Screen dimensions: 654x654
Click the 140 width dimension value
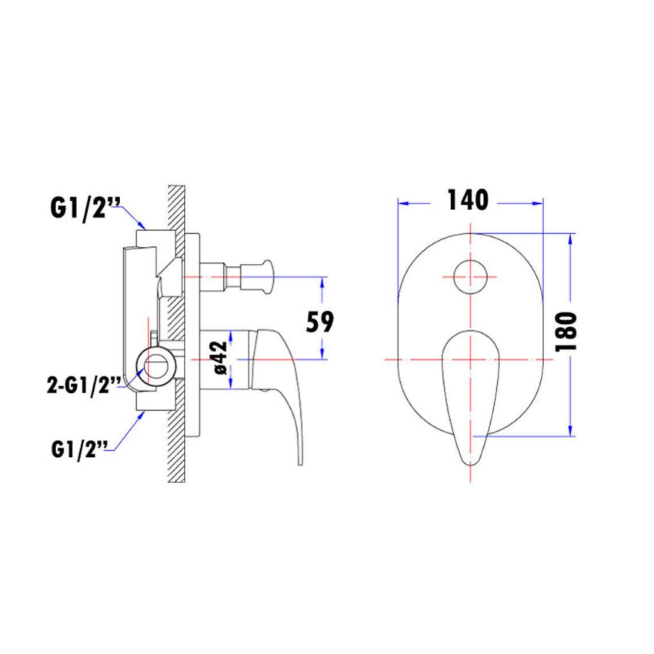click(x=468, y=200)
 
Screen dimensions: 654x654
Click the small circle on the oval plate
click(x=470, y=277)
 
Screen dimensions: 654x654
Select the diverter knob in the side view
click(x=257, y=276)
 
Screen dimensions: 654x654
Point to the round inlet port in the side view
click(x=156, y=365)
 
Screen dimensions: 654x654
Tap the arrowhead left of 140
click(x=402, y=203)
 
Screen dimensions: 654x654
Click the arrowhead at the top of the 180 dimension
click(x=570, y=239)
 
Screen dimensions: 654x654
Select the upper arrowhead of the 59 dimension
click(x=323, y=281)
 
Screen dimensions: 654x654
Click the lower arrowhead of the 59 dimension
click(x=323, y=355)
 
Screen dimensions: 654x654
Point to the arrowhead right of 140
click(x=539, y=203)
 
